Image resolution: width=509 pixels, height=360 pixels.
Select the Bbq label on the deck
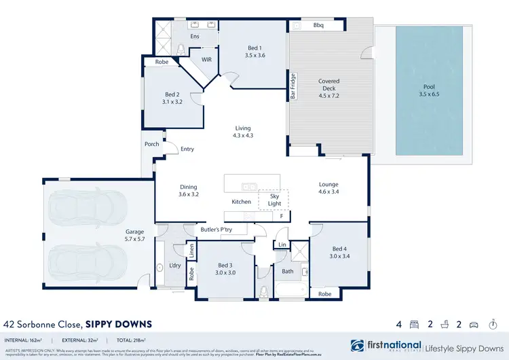pos(318,26)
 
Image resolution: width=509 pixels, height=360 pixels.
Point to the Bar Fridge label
pos(293,86)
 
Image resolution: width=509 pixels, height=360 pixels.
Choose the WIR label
pos(206,60)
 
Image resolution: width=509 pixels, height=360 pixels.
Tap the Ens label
pos(194,36)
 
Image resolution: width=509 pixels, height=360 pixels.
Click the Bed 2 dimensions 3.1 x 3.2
pos(172,102)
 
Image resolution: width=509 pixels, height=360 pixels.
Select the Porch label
pos(151,145)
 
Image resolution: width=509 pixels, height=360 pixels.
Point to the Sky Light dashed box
pos(275,199)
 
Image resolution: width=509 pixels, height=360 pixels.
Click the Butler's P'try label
pos(216,230)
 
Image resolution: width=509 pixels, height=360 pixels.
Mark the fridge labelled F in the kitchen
pos(281,216)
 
